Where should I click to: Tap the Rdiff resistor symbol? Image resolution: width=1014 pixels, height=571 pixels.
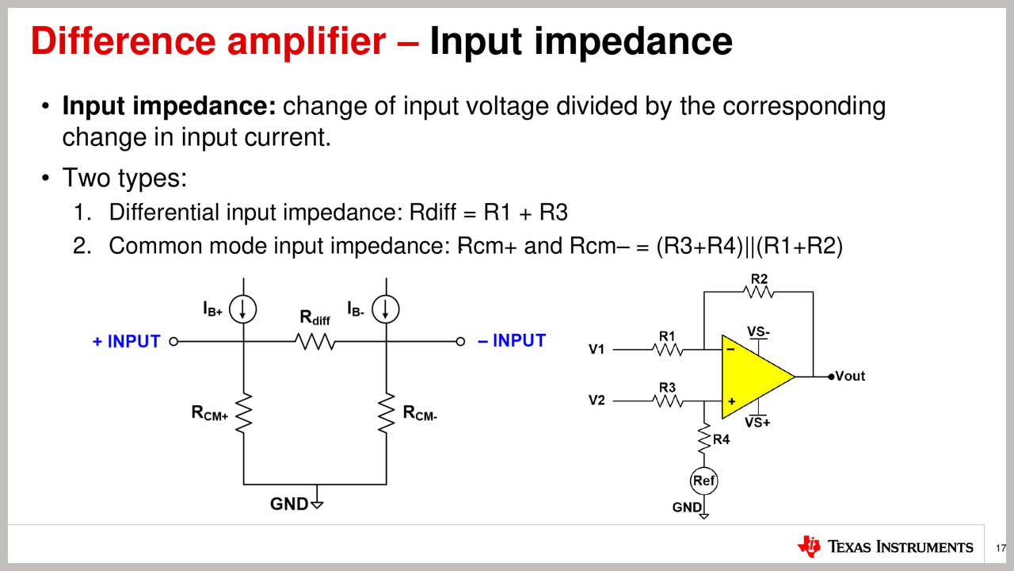[315, 342]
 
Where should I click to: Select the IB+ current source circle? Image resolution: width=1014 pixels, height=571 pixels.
[242, 310]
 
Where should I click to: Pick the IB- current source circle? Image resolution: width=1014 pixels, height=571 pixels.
[386, 310]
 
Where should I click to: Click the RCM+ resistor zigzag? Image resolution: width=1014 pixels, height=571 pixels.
[243, 412]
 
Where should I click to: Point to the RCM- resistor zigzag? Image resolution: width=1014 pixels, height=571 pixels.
[387, 412]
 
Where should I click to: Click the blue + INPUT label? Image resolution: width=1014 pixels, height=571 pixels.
[126, 342]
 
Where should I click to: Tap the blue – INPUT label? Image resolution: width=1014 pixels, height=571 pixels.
[512, 341]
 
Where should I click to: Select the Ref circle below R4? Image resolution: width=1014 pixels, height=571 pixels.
[703, 481]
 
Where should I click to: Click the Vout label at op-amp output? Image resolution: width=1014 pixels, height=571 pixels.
[849, 376]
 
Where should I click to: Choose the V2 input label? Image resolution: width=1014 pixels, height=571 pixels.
[597, 400]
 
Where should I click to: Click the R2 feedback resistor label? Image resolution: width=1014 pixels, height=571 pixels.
[759, 278]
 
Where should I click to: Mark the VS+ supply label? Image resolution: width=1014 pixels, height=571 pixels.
[758, 423]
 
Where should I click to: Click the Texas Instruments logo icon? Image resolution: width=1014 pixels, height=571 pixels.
[809, 546]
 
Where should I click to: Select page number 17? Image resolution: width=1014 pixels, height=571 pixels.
[1001, 548]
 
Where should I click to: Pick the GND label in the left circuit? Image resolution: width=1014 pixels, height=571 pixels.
[289, 504]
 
